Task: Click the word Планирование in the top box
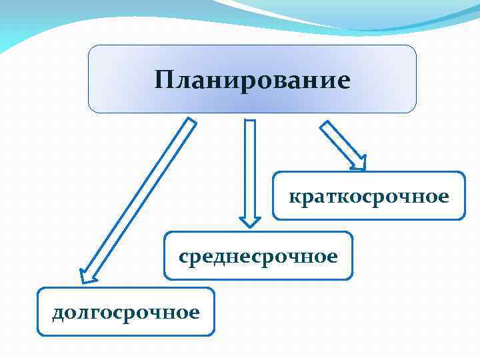pyautogui.click(x=252, y=81)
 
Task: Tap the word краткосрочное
pyautogui.click(x=369, y=197)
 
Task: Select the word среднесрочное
pyautogui.click(x=258, y=256)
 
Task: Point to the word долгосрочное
pyautogui.click(x=126, y=312)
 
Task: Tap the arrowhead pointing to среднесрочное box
pyautogui.click(x=250, y=219)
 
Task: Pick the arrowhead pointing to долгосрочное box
pyautogui.click(x=88, y=275)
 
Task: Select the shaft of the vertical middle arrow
pyautogui.click(x=250, y=167)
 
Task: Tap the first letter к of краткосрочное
pyautogui.click(x=294, y=197)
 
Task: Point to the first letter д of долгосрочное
pyautogui.click(x=58, y=313)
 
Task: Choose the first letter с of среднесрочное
pyautogui.click(x=183, y=257)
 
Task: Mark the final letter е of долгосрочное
pyautogui.click(x=194, y=313)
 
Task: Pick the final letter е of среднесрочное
pyautogui.click(x=333, y=257)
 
